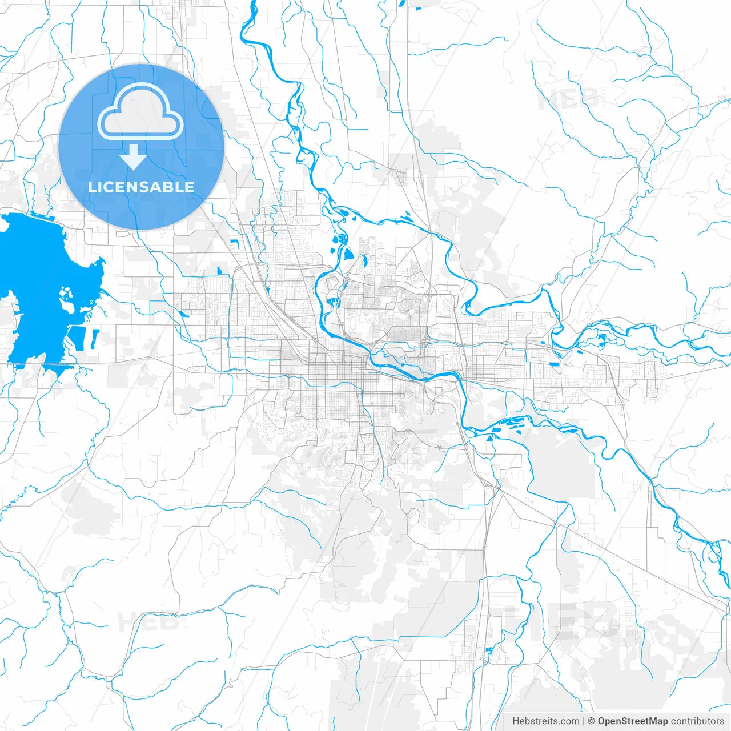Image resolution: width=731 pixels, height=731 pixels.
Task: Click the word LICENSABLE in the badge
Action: coord(141,187)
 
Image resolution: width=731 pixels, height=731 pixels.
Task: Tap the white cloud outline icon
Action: coord(140,111)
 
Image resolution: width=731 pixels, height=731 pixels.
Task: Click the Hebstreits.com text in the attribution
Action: coord(545,721)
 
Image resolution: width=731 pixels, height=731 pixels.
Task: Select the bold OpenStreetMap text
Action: coord(633,721)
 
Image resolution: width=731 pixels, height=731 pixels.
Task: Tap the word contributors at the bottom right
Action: coord(697,721)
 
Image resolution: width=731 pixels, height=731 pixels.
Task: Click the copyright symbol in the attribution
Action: coord(592,721)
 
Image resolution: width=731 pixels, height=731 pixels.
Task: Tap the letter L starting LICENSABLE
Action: coord(91,187)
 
